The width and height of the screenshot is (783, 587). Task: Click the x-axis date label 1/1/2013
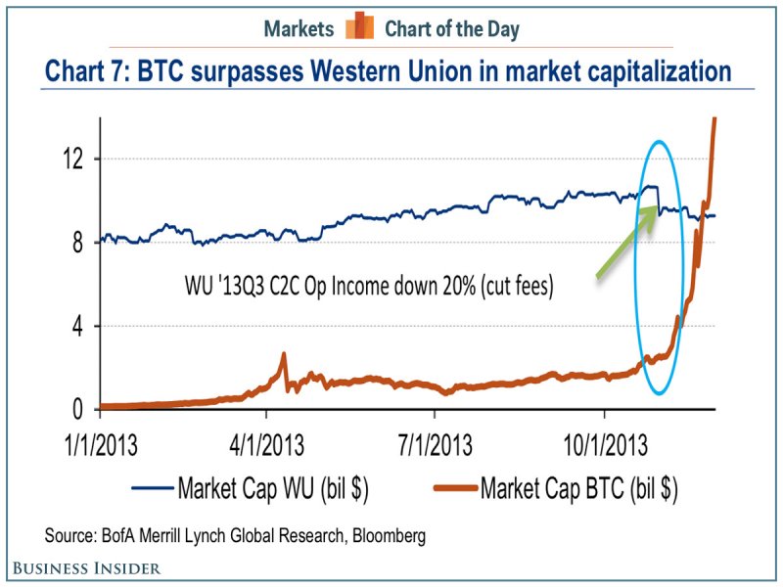pyautogui.click(x=102, y=446)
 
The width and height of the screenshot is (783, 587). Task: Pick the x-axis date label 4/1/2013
pyautogui.click(x=268, y=446)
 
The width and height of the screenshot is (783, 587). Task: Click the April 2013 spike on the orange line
pyautogui.click(x=283, y=356)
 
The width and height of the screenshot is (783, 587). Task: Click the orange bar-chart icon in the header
pyautogui.click(x=360, y=26)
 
